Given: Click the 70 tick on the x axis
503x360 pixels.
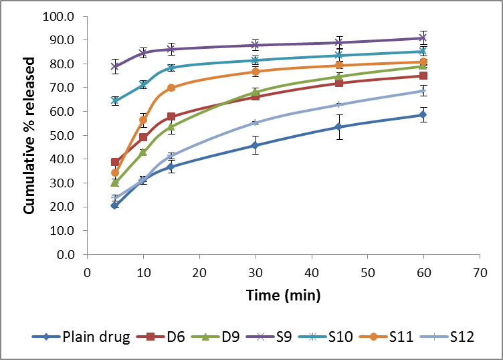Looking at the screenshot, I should (x=479, y=272).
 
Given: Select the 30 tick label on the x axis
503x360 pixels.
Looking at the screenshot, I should (x=255, y=272).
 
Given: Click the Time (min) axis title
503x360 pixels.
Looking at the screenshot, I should (x=283, y=294).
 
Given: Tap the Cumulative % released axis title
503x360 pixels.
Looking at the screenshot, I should (x=30, y=136).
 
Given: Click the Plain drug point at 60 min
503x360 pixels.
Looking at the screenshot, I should (x=423, y=115).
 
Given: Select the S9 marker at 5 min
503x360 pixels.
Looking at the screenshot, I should (x=115, y=66).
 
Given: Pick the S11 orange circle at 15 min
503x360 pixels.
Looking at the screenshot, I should (x=171, y=88).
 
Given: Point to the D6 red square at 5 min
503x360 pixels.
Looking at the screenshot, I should (x=115, y=162).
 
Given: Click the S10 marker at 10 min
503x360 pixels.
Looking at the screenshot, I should (x=143, y=84).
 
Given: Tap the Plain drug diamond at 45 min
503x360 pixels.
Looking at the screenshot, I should (x=339, y=126).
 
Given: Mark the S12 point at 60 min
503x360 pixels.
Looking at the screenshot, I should (x=423, y=91).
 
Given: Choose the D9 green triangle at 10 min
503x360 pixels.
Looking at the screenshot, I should (x=143, y=152).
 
